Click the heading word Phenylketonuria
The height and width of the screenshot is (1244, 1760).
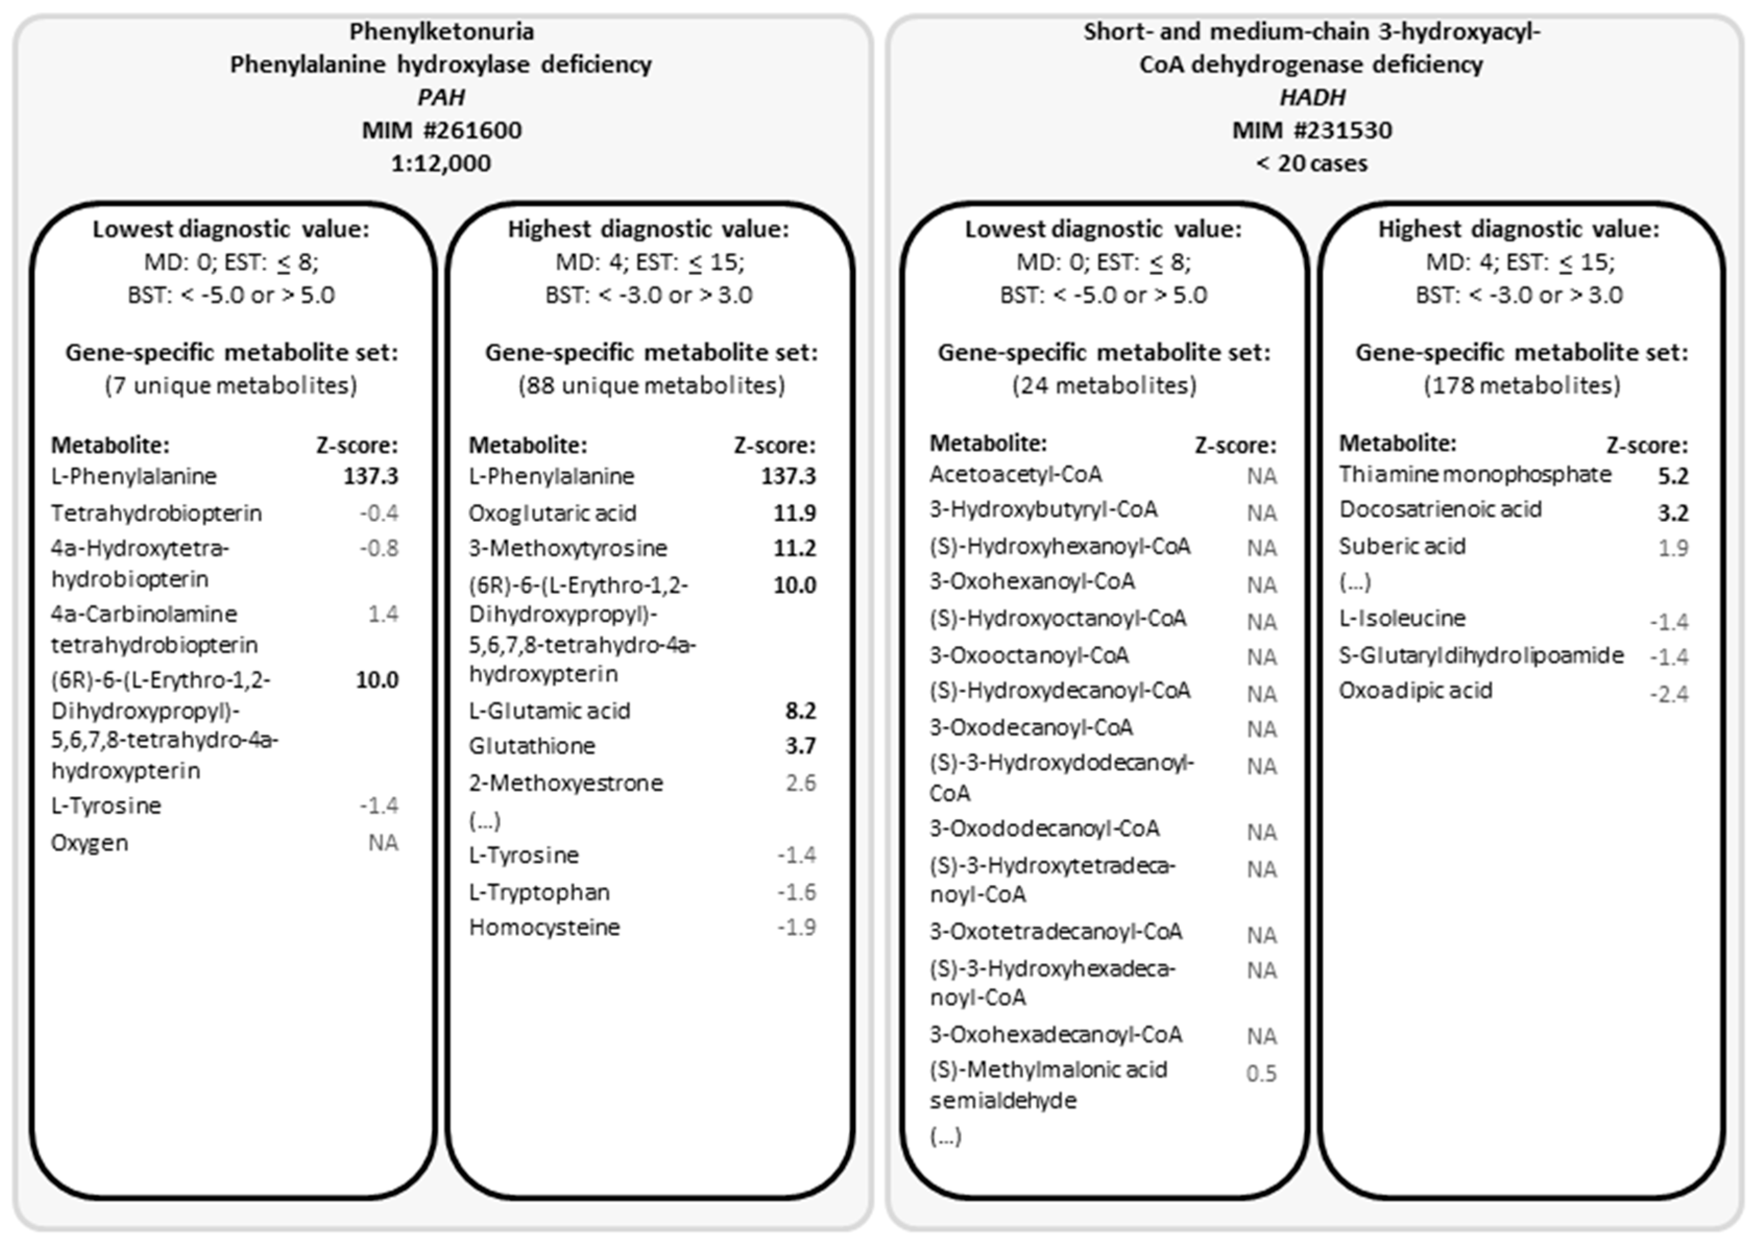(x=442, y=31)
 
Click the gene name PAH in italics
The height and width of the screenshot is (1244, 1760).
(x=442, y=97)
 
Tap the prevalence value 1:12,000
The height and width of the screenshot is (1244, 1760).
(x=442, y=163)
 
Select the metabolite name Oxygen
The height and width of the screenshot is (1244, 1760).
(x=90, y=843)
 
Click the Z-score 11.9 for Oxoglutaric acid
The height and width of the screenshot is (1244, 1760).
(x=794, y=513)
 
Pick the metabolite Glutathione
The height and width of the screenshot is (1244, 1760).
(x=532, y=746)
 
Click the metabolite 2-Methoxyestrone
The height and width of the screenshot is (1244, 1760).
(x=566, y=783)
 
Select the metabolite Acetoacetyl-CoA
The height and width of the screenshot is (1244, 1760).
(x=1016, y=474)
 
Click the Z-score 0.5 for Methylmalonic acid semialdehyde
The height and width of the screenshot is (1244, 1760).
(x=1261, y=1073)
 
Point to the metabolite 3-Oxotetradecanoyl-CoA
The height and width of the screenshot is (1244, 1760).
(x=1055, y=931)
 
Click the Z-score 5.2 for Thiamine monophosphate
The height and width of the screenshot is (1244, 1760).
(x=1672, y=476)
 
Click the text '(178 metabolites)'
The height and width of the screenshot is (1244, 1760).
(x=1522, y=385)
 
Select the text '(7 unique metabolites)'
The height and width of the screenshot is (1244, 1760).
(x=230, y=385)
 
